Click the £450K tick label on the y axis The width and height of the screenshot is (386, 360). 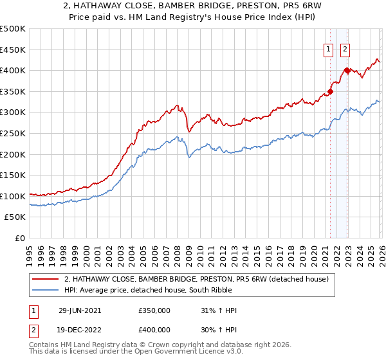tap(12, 50)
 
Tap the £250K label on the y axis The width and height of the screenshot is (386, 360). tap(12, 133)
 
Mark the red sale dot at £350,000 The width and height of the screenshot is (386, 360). tap(330, 91)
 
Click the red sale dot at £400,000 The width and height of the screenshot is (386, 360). tap(347, 71)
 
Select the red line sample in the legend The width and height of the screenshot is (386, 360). tap(46, 279)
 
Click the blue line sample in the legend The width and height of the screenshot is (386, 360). tap(46, 290)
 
